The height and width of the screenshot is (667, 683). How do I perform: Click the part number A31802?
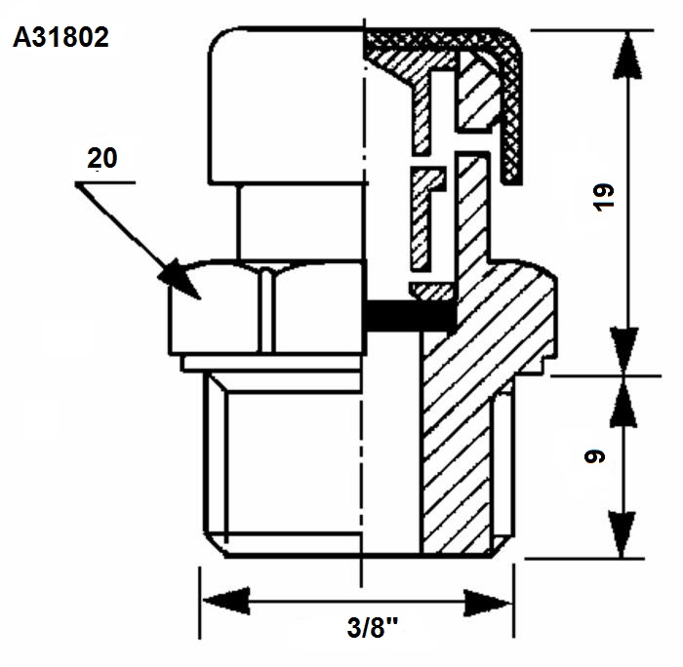60,37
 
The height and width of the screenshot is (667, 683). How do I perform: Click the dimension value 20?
102,158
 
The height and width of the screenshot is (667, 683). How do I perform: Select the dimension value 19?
604,198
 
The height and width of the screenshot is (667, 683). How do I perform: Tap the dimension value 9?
594,456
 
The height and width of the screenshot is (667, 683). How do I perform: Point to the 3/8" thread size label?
373,628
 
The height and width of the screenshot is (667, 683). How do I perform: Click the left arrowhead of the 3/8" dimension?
226,601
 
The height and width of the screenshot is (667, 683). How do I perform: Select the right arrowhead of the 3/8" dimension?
488,603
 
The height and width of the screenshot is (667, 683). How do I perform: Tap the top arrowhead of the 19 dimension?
627,57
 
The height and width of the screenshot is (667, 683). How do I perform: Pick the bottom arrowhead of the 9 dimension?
623,534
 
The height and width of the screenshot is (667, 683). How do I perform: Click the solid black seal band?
410,315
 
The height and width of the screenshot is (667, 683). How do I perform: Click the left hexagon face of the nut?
215,307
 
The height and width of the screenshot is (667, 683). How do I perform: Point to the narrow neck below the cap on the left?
301,222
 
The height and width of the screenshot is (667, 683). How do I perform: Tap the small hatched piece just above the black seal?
432,291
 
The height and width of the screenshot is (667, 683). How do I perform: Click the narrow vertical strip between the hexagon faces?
268,310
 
